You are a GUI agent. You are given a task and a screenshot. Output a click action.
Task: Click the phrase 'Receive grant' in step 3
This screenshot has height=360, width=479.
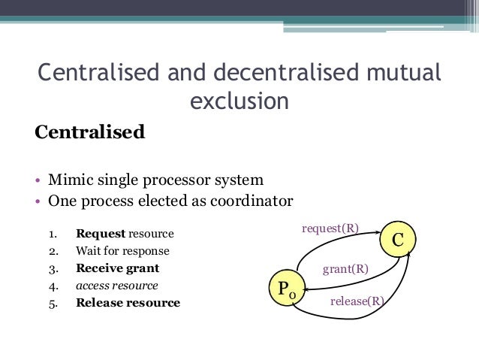[x=117, y=268]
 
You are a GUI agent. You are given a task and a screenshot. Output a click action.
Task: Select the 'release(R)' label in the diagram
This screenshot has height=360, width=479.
[x=357, y=302]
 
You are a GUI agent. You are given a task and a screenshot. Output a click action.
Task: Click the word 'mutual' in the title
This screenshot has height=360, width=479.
[x=402, y=75]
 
